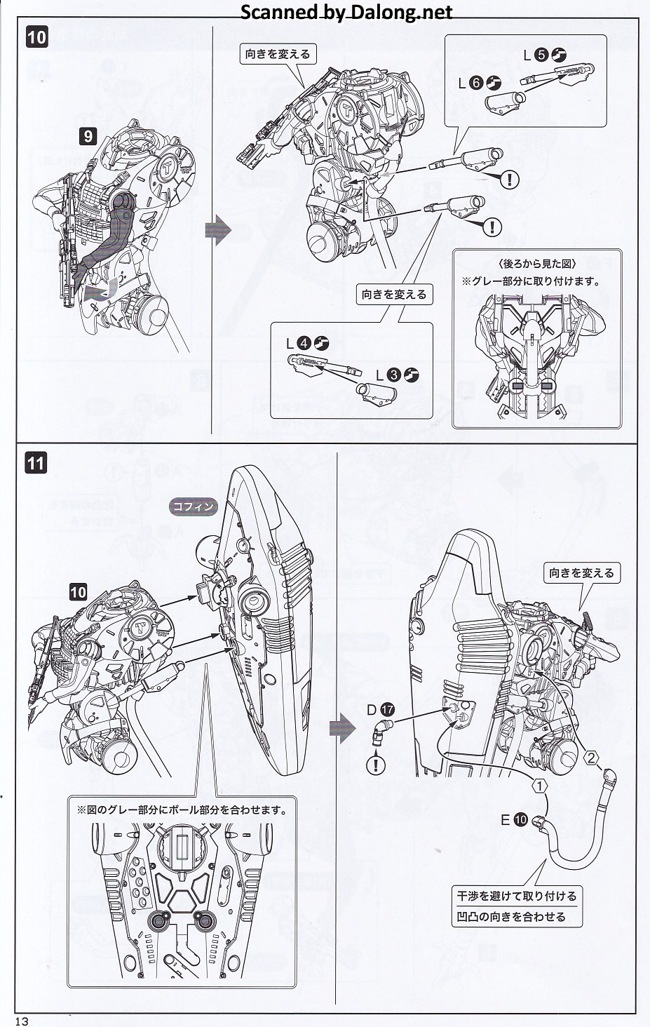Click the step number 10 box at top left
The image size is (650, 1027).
pos(36,36)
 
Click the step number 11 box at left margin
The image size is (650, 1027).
pos(36,463)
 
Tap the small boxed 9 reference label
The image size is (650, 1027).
pos(88,136)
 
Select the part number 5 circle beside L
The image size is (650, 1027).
pos(541,55)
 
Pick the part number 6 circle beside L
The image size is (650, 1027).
pos(475,83)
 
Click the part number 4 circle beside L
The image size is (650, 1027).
pos(305,344)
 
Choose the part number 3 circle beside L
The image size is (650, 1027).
pos(393,375)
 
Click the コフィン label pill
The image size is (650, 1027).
pos(194,506)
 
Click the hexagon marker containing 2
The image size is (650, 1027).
pos(592,758)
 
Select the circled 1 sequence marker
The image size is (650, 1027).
pos(539,786)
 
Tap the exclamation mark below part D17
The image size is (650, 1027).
pos(377,764)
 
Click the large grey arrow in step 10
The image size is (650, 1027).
pos(218,231)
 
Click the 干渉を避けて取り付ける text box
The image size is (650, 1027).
pos(517,896)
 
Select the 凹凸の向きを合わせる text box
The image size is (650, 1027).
pos(510,917)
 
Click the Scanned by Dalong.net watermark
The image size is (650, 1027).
pos(346,12)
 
